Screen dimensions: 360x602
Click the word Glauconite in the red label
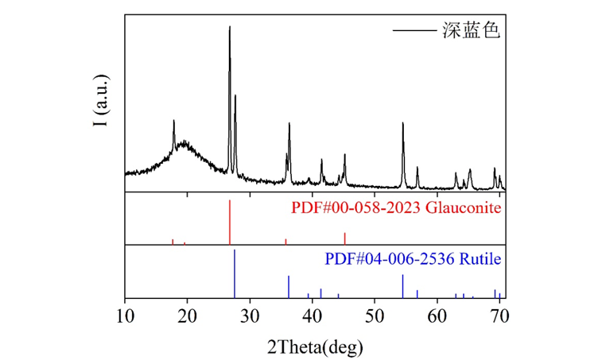[x=463, y=209]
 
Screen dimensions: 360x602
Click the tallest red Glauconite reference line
[x=230, y=223]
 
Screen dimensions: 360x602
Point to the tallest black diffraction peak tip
[x=230, y=28]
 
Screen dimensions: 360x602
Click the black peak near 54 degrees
[x=403, y=125]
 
